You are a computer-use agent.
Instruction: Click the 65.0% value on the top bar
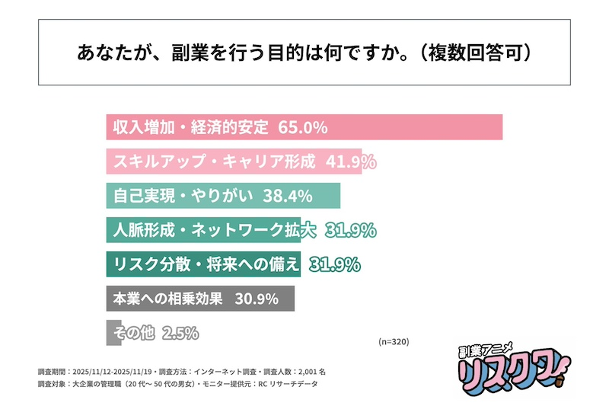[303, 127]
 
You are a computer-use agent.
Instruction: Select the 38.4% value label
[288, 196]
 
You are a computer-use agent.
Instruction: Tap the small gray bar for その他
[110, 333]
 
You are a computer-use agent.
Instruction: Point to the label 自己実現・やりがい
[183, 196]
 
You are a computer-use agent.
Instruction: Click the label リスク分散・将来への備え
[206, 264]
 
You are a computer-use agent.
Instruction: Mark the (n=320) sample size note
[394, 342]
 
